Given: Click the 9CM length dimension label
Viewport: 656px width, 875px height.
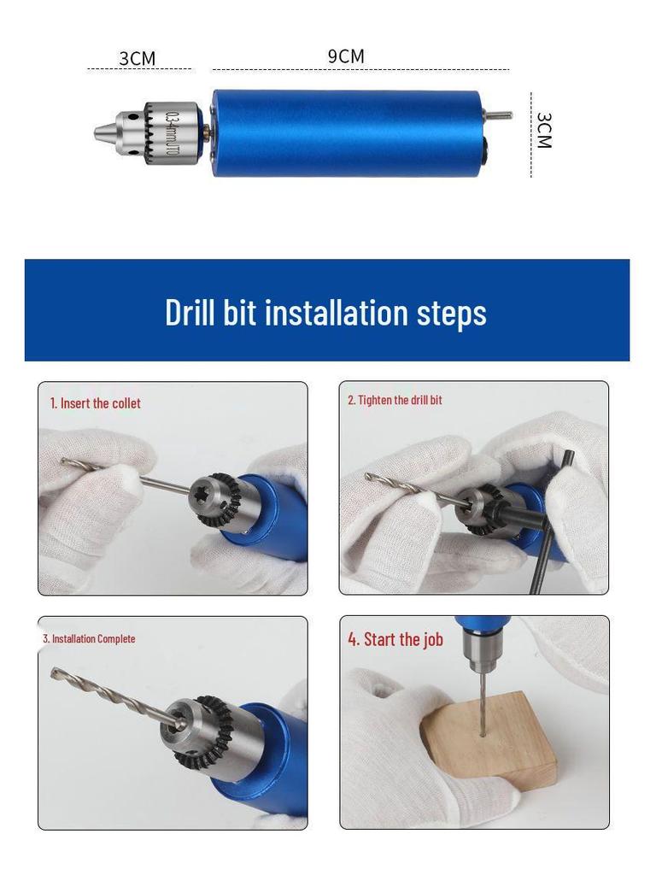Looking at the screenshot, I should (x=346, y=56).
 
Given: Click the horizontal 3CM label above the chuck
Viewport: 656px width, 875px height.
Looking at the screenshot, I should (x=137, y=58).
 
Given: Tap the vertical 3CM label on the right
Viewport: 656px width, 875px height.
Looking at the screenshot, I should (x=543, y=130).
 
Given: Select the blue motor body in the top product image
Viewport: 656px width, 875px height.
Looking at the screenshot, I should (x=346, y=133).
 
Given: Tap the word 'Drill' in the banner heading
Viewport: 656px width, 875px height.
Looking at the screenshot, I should (x=190, y=312).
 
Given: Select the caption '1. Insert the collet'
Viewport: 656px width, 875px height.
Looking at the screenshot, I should (x=95, y=403).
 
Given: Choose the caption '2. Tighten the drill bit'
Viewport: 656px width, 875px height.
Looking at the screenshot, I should (x=395, y=400).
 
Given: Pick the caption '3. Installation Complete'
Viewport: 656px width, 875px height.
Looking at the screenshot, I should (x=89, y=638).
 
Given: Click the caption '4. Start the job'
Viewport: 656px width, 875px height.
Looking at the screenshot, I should (x=395, y=639).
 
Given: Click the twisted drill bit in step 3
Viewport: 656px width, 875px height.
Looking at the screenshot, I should (x=111, y=696).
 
